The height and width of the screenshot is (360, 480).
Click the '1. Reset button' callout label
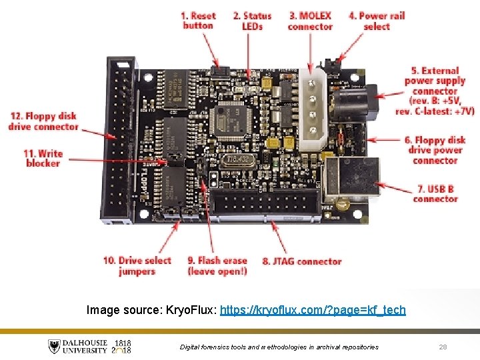coord(198,21)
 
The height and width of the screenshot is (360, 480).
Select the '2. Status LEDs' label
coord(252,21)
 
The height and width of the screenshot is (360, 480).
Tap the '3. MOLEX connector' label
coord(310,21)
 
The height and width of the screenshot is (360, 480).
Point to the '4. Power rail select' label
coord(377,21)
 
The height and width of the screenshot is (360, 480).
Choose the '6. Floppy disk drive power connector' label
coord(435,150)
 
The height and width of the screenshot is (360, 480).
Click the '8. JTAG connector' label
coord(302,261)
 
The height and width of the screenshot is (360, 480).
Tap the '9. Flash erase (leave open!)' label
coord(217,266)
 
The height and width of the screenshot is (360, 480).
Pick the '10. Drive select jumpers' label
coord(137,266)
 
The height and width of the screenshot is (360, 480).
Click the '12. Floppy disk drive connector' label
coord(43,121)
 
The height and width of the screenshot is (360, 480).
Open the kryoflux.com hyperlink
coord(312,310)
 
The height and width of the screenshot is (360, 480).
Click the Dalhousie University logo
coord(90,346)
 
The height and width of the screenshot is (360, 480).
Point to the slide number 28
coord(443,347)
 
